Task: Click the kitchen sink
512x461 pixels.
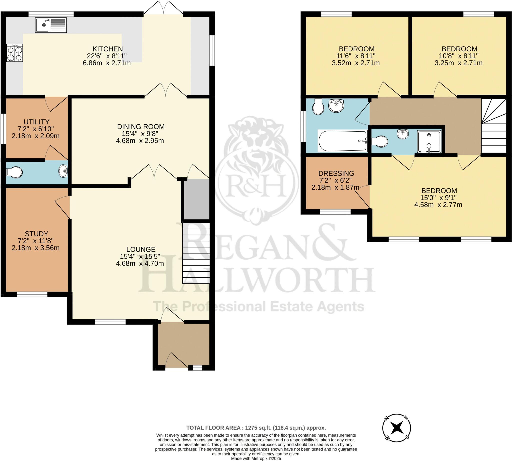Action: tap(51, 25)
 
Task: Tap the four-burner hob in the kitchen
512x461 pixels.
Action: tap(15, 53)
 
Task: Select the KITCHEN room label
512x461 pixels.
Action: tap(107, 49)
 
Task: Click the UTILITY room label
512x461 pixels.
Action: tap(37, 122)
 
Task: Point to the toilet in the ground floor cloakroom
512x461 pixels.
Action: tap(15, 172)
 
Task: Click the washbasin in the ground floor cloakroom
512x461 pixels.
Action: tap(63, 171)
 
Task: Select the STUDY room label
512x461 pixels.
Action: tap(36, 234)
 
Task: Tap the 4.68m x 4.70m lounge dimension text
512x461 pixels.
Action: tap(140, 263)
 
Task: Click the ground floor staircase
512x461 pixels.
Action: tap(196, 253)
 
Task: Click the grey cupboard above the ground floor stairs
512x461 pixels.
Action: tap(197, 199)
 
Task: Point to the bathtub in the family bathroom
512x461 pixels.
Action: tap(342, 141)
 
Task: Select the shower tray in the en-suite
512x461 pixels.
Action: tap(429, 142)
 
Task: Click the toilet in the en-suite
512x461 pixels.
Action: tap(380, 141)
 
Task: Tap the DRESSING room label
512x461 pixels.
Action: tap(336, 173)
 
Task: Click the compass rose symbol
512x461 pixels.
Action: tap(396, 428)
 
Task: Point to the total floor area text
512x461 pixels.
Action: tap(256, 428)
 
